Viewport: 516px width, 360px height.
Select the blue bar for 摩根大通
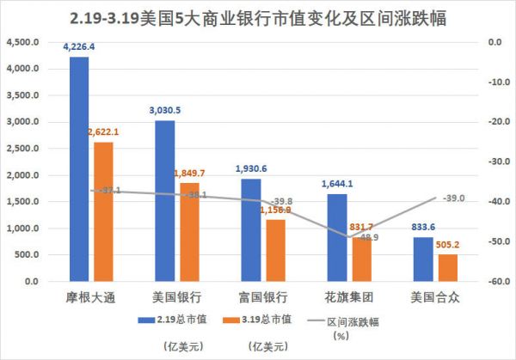[79, 172]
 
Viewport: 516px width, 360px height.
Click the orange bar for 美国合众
[446, 267]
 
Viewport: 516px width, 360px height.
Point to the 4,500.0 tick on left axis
[21, 42]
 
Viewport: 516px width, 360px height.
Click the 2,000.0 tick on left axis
[21, 175]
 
